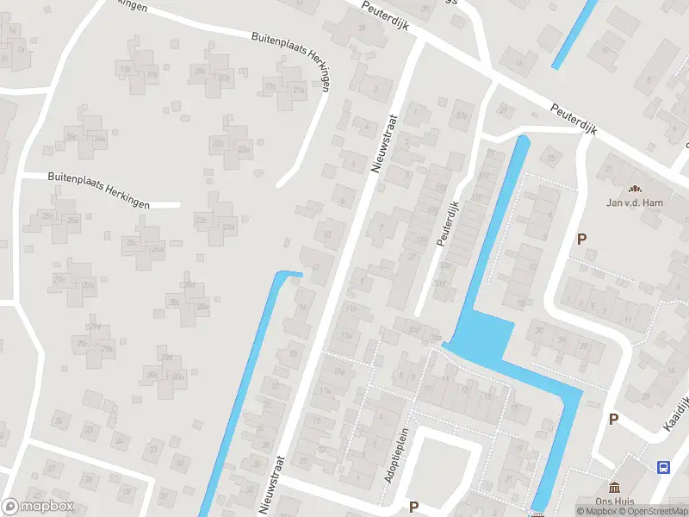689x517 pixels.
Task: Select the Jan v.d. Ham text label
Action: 636,203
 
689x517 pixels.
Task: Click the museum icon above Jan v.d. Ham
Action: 636,189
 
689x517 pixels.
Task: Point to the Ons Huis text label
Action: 614,501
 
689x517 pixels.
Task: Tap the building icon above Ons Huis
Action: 614,488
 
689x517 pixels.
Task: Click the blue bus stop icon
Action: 664,467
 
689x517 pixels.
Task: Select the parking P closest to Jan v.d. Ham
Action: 582,240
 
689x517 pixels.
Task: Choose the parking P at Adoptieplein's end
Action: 414,507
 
